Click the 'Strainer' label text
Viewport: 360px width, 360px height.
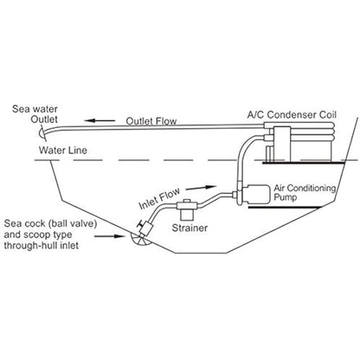pos(190,228)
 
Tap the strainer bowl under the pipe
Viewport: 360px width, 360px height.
pos(186,215)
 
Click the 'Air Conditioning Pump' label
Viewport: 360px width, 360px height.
pos(305,193)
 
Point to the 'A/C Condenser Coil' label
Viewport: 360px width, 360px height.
pos(292,114)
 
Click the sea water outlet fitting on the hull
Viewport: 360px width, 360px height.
pos(42,132)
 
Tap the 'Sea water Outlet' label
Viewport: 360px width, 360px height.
pos(35,114)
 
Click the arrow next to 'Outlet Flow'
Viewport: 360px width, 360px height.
pos(100,120)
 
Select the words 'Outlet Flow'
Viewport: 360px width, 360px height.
pos(151,121)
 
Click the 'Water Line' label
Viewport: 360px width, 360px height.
pos(63,150)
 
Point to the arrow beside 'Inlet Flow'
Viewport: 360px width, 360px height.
pos(201,188)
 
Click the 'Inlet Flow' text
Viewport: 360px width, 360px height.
pos(159,198)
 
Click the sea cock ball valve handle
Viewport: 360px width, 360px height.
pos(142,222)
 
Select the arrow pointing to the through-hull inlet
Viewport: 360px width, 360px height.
pos(110,236)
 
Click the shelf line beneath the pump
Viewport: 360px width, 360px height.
pos(285,208)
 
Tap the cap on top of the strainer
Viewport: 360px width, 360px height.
pos(186,202)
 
